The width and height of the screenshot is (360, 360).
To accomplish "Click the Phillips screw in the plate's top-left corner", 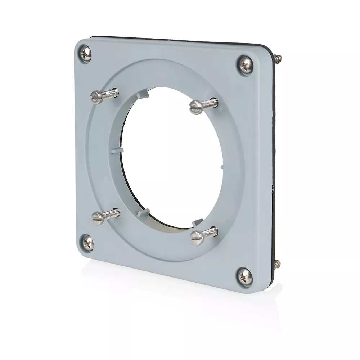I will pos(85,54).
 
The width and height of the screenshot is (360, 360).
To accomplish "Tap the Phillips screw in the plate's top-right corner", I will pos(246,65).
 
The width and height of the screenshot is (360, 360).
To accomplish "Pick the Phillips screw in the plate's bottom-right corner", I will pos(244,276).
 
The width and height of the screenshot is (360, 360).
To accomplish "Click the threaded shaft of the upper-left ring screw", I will pos(110,93).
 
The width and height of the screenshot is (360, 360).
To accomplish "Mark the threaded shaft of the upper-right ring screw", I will pos(210,104).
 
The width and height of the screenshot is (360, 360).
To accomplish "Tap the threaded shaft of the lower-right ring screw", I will pos(210,232).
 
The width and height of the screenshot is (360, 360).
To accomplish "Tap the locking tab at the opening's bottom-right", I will pos(197,222).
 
